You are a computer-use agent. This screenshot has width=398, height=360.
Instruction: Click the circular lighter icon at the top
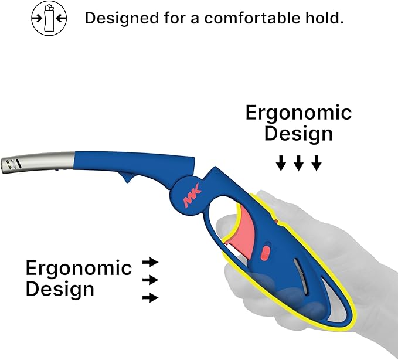click(x=49, y=18)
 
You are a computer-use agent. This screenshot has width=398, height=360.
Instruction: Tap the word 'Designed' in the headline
click(x=122, y=18)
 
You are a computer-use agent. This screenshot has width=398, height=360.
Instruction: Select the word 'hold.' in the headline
click(x=325, y=18)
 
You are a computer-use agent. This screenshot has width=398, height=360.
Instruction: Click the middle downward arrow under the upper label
click(x=298, y=163)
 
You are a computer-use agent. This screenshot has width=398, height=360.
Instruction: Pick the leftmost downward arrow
click(x=281, y=163)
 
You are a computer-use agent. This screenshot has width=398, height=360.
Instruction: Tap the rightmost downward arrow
click(x=317, y=163)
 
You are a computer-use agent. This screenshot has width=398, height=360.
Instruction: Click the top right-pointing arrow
click(x=150, y=262)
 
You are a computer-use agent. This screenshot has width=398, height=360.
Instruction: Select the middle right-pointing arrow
click(x=150, y=280)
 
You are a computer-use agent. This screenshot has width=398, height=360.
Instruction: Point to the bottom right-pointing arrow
click(x=150, y=297)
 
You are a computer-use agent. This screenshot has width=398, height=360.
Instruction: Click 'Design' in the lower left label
click(x=60, y=290)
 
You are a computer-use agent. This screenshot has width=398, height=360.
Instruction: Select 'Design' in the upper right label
click(x=298, y=134)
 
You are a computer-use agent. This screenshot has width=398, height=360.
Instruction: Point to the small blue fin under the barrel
click(x=127, y=176)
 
